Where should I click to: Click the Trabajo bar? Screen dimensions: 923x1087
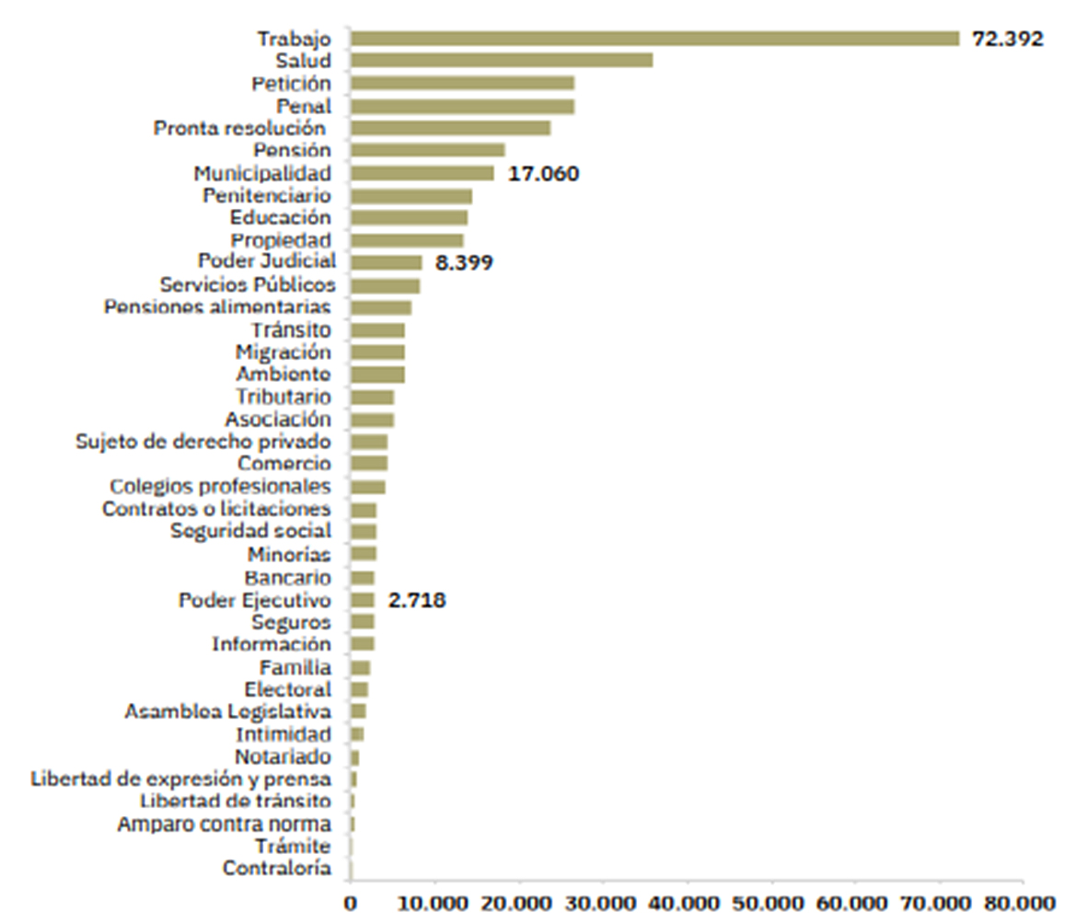point(654,39)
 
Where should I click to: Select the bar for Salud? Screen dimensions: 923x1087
point(502,61)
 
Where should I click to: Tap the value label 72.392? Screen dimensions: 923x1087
point(1008,40)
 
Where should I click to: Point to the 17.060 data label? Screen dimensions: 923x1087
point(543,173)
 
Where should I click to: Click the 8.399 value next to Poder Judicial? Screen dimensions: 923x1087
point(464,263)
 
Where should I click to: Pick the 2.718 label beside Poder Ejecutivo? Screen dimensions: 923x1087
point(417,601)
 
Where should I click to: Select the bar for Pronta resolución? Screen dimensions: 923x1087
point(450,128)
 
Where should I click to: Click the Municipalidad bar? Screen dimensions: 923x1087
point(422,173)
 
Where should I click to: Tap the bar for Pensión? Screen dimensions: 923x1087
point(427,150)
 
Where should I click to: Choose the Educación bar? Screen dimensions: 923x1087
point(409,218)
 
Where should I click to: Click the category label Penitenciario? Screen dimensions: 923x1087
point(266,195)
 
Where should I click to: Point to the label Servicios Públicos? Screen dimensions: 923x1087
point(248,285)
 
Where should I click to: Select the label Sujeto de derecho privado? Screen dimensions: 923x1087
point(202,442)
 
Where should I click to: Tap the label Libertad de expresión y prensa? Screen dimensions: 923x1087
point(180,779)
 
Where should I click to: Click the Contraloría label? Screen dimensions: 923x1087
point(276,868)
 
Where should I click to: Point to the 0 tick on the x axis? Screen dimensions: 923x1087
point(351,904)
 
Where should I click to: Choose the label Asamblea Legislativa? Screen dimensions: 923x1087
point(227,711)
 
